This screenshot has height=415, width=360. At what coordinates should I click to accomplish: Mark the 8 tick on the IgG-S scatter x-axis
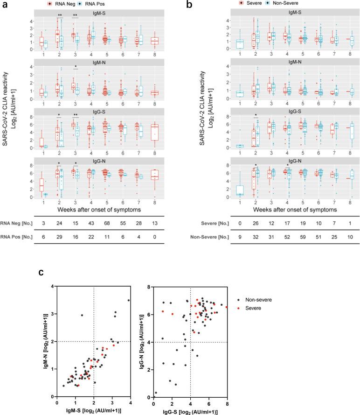click(227, 403)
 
